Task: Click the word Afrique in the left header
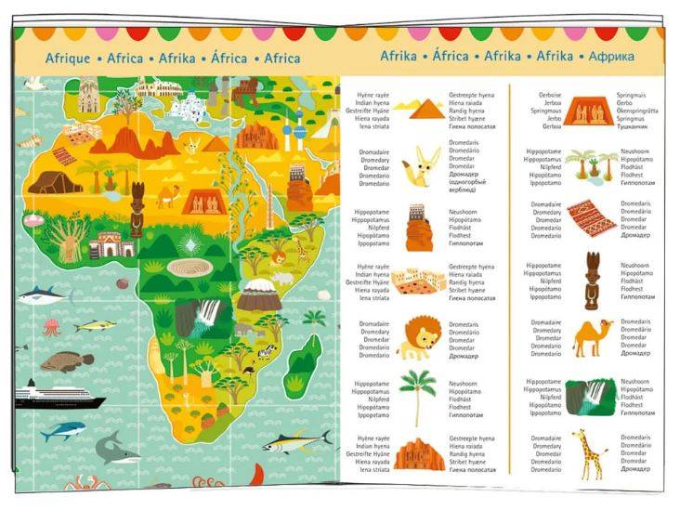(68, 59)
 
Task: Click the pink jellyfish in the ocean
(51, 327)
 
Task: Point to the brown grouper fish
(67, 360)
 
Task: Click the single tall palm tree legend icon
(417, 395)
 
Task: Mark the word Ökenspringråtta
(638, 111)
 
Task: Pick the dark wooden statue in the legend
(592, 280)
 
